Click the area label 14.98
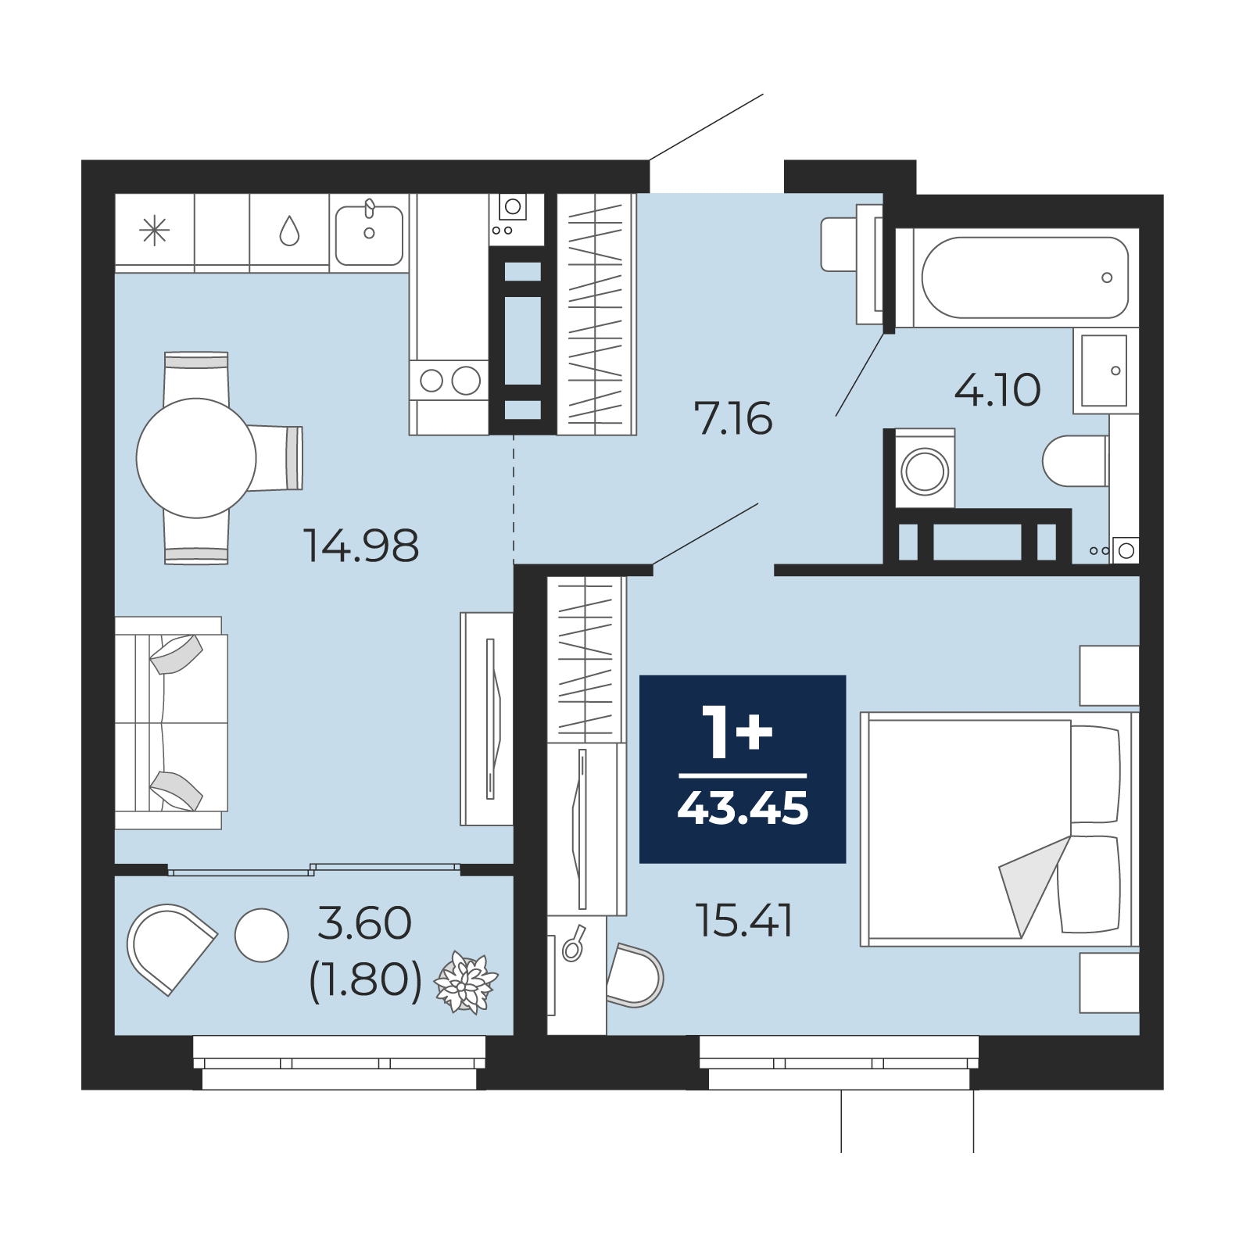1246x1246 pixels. click(x=361, y=546)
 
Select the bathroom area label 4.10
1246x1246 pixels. click(x=997, y=389)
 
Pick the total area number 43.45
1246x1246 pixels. click(x=743, y=808)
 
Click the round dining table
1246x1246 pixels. click(x=196, y=458)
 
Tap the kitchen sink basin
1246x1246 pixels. click(x=369, y=235)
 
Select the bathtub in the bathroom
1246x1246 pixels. click(x=1025, y=277)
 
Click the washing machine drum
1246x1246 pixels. click(x=925, y=471)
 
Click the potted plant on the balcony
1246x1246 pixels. click(x=466, y=983)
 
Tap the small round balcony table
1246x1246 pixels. click(x=262, y=935)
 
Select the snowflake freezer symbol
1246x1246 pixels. click(x=154, y=231)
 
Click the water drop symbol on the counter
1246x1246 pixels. click(x=289, y=231)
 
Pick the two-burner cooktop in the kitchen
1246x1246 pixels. click(x=449, y=381)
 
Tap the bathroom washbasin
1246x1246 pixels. click(x=1105, y=371)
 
